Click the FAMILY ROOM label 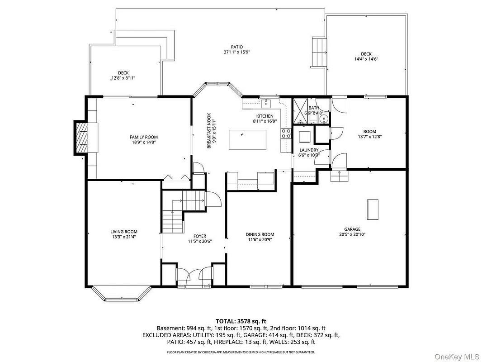(x=143, y=137)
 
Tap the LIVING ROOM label (x=124, y=232)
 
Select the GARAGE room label (x=352, y=229)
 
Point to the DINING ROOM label (x=260, y=234)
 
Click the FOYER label (x=200, y=236)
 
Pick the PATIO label (x=237, y=47)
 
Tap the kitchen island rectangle (x=247, y=140)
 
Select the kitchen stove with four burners (x=286, y=133)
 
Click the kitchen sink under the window (x=265, y=104)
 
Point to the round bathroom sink (x=324, y=119)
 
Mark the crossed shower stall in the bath (x=300, y=111)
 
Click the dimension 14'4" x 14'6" (x=366, y=59)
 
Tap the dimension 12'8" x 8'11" (x=123, y=78)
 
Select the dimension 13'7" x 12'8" (x=369, y=137)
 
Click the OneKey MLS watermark (x=457, y=357)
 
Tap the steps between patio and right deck (x=319, y=52)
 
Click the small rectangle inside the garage (x=373, y=210)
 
